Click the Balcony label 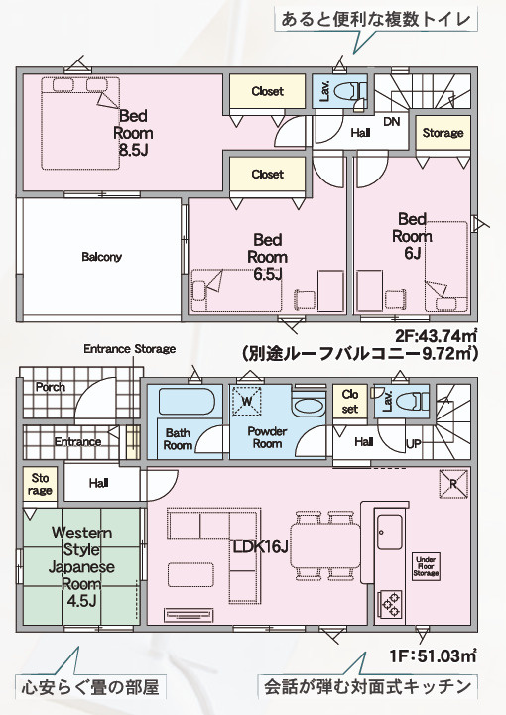pos(102,257)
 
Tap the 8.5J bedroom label pos(133,133)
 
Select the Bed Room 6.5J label pos(267,257)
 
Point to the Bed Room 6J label pos(412,236)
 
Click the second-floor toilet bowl pos(347,91)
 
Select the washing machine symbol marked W pos(247,401)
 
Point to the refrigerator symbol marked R pos(453,484)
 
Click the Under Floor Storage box pos(427,567)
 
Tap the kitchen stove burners pos(391,604)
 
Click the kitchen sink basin pos(390,533)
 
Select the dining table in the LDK pos(324,546)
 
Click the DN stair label pos(392,121)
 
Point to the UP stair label pos(414,443)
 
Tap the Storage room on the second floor pos(443,132)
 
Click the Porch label pos(51,387)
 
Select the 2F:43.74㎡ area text pos(437,335)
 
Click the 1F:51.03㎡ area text pos(433,655)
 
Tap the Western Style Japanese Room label pos(81,567)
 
